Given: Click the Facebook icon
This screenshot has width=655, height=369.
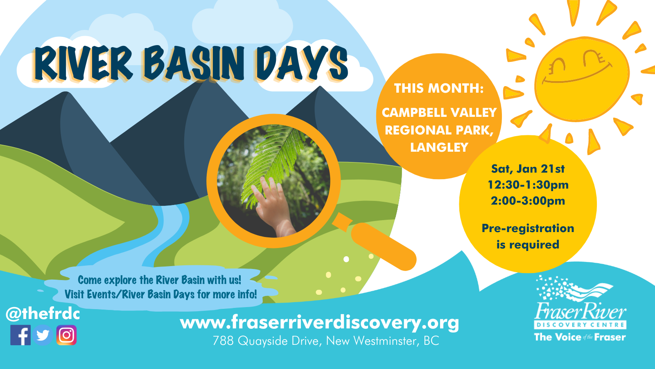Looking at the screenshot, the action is click(20, 335).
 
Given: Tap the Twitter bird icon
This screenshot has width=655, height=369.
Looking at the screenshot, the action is click(43, 335).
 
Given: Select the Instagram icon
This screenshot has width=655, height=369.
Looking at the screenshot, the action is click(67, 335).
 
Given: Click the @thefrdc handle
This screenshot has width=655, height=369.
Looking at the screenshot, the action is click(43, 314).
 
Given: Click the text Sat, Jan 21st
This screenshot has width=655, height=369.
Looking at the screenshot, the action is click(528, 169).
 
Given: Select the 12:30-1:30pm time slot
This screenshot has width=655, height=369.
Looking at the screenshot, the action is click(528, 185).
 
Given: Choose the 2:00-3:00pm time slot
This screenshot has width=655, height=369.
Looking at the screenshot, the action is click(528, 201).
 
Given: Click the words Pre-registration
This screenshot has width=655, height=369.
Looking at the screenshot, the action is click(528, 228).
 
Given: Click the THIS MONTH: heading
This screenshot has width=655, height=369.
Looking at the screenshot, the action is click(439, 88).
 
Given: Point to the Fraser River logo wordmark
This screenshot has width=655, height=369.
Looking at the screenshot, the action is click(580, 312).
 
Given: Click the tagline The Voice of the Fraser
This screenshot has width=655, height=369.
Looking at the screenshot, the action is click(580, 337).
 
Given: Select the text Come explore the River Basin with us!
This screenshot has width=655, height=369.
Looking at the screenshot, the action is click(159, 280).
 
